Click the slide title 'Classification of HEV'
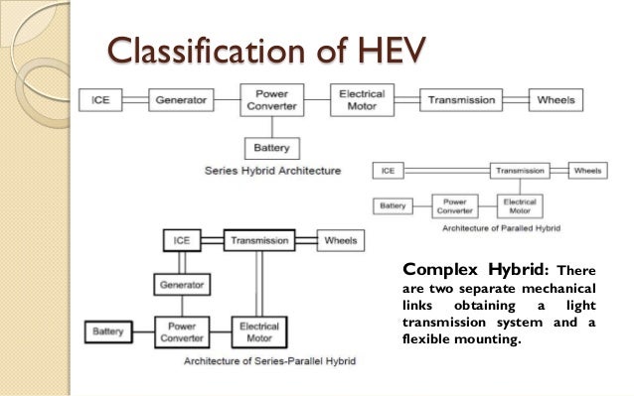point(252,45)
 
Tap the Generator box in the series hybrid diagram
point(181,99)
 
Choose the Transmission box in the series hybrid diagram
point(460,99)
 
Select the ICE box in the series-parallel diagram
point(180,241)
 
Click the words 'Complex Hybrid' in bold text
point(473,268)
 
